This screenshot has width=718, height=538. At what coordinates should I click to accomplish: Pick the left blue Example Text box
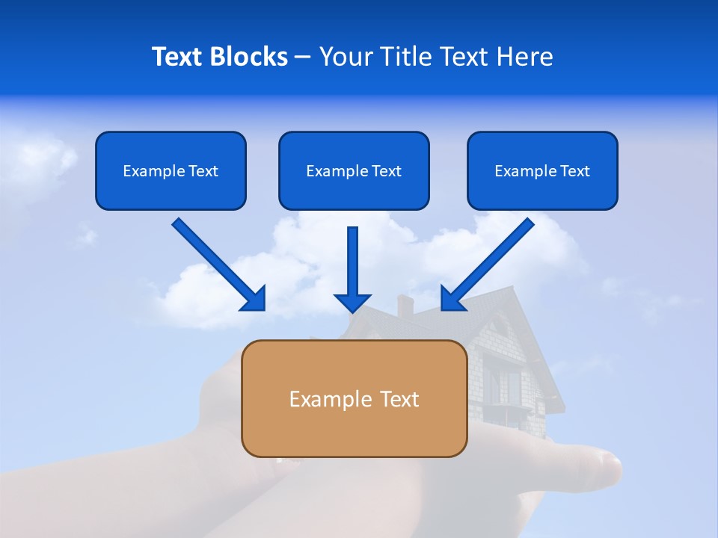171,170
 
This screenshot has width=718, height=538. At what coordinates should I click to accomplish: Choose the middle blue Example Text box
354,170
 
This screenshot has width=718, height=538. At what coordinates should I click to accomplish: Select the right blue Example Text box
542,170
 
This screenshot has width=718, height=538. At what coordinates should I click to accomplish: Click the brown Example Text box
354,398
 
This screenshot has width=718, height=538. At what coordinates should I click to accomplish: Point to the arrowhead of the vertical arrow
352,302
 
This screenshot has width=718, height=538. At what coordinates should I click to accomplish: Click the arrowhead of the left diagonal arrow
254,299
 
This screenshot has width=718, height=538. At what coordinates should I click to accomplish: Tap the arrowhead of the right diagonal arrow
452,299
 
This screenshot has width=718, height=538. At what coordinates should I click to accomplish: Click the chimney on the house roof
405,305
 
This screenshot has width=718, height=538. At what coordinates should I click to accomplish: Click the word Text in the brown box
399,399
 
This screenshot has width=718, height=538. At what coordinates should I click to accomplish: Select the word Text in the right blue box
574,171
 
